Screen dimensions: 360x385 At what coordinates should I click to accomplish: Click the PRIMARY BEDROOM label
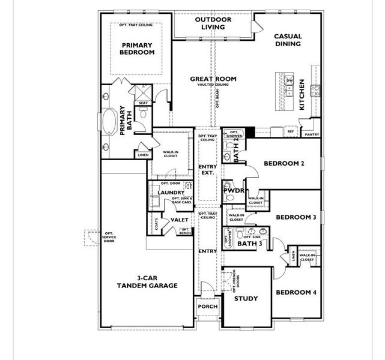[138, 49]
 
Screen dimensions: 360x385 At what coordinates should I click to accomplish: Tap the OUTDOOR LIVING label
[210, 23]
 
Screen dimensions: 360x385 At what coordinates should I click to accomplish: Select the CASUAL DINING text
[288, 40]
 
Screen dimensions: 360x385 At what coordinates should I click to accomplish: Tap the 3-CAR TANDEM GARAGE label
[148, 282]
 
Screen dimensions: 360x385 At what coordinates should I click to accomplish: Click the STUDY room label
[246, 299]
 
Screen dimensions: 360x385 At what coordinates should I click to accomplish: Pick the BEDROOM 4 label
[296, 292]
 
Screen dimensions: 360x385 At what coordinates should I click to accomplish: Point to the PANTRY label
[312, 135]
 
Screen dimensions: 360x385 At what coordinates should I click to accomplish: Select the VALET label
[180, 220]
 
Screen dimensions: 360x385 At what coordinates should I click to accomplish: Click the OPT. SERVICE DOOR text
[109, 238]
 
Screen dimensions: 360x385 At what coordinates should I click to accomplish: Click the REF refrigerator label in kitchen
[290, 131]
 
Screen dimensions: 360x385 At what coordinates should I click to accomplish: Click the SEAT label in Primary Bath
[143, 103]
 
